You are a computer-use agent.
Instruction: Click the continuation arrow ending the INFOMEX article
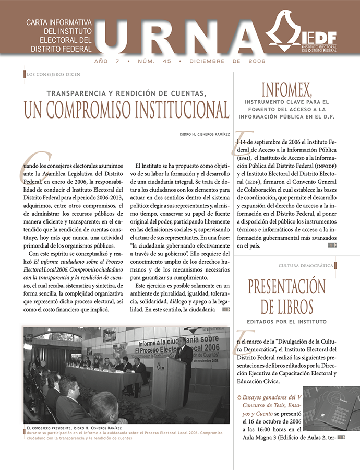click(332, 244)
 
